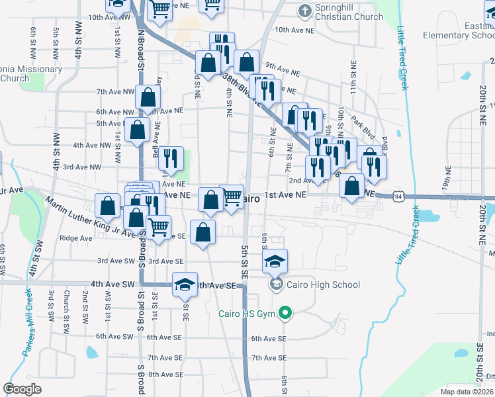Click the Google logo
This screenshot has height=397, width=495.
click(22, 389)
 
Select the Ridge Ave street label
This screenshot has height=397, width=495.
click(75, 238)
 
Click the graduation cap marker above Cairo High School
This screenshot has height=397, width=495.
click(275, 261)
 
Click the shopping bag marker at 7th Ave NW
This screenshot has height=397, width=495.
click(148, 97)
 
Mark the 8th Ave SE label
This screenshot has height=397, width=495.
click(165, 375)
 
